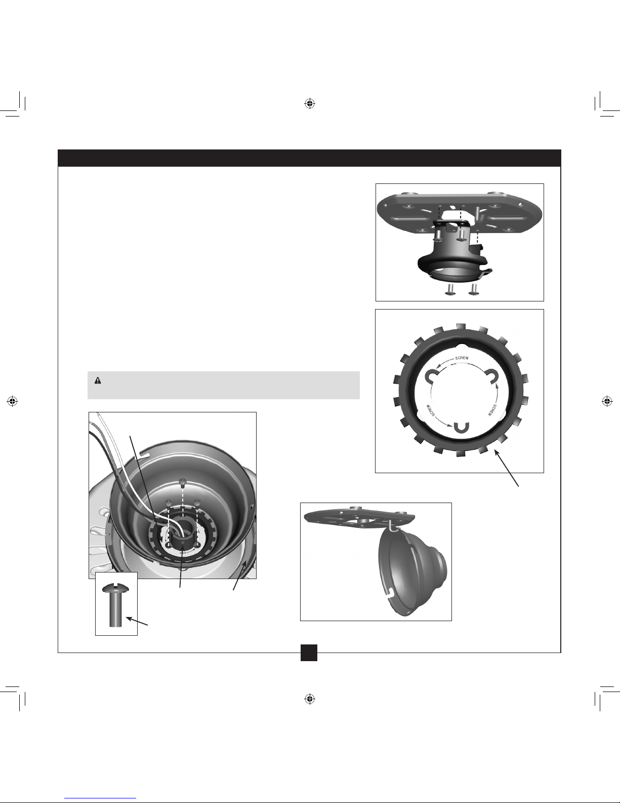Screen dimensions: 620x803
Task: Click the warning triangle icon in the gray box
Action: (98, 380)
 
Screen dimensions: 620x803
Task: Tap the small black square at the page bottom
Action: (309, 653)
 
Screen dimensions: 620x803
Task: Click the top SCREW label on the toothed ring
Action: (462, 358)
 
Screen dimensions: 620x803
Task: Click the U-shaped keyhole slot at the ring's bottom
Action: (460, 428)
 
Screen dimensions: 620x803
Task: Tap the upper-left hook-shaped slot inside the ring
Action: (432, 376)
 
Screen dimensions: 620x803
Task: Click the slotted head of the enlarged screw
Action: (116, 588)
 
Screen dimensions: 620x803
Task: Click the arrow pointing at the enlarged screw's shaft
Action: (137, 621)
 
